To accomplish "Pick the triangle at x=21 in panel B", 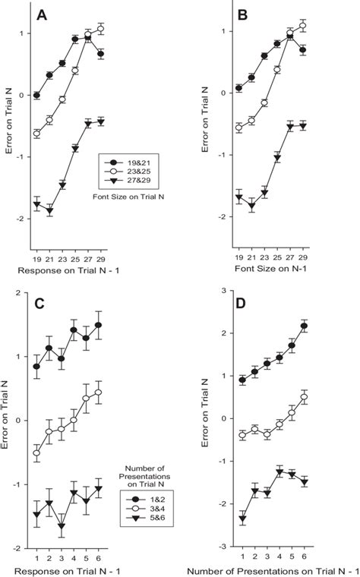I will [x=251, y=206].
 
